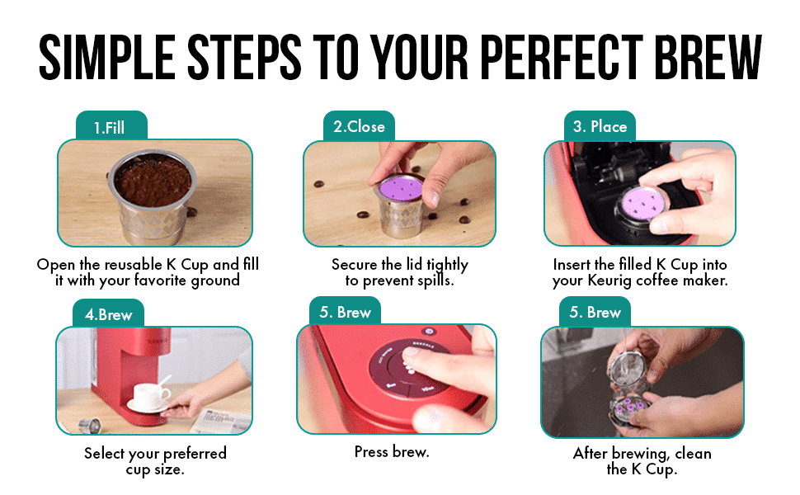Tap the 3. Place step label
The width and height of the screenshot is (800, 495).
tap(600, 127)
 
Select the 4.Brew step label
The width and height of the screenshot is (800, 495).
tap(108, 314)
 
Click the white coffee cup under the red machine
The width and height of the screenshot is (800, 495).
tap(152, 395)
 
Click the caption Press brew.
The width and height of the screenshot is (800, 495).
tap(392, 452)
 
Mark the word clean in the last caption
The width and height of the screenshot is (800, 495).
tap(689, 454)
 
